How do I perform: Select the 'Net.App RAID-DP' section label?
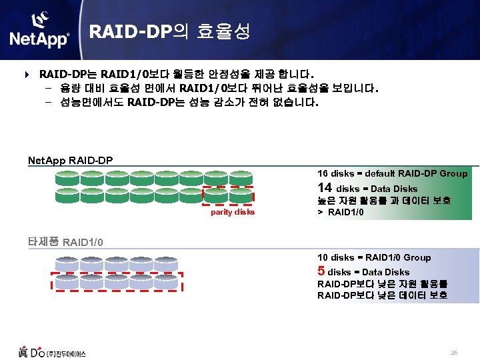point(70,160)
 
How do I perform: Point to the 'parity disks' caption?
point(232,213)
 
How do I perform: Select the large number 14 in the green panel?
point(325,187)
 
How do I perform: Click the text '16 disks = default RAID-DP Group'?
point(392,173)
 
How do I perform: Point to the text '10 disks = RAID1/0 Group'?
point(374,257)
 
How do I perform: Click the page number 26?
point(453,351)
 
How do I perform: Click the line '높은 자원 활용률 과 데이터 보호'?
point(384,200)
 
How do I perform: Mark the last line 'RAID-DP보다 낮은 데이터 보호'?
point(382,295)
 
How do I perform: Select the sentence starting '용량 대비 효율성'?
point(219,88)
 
